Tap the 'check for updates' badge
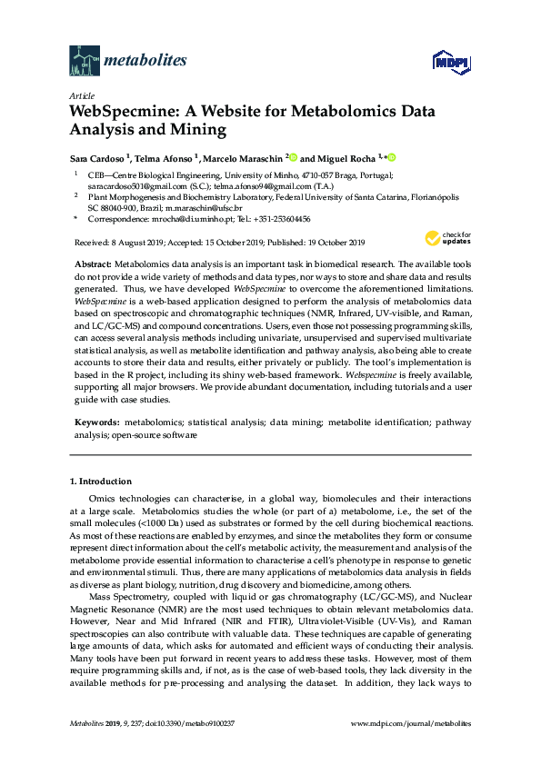(440, 239)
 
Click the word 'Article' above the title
(80, 95)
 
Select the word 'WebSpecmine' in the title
(124, 113)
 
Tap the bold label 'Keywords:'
(97, 423)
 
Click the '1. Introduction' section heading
(100, 481)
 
